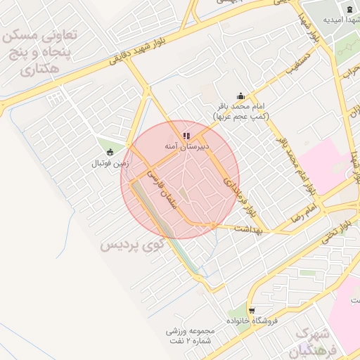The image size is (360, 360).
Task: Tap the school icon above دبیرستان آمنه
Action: click(186, 135)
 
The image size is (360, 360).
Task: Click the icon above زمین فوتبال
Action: click(109, 152)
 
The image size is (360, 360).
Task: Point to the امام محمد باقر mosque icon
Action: click(240, 96)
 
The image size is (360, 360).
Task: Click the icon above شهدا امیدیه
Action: click(349, 8)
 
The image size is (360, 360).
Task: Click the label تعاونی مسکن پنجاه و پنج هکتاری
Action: click(45, 51)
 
